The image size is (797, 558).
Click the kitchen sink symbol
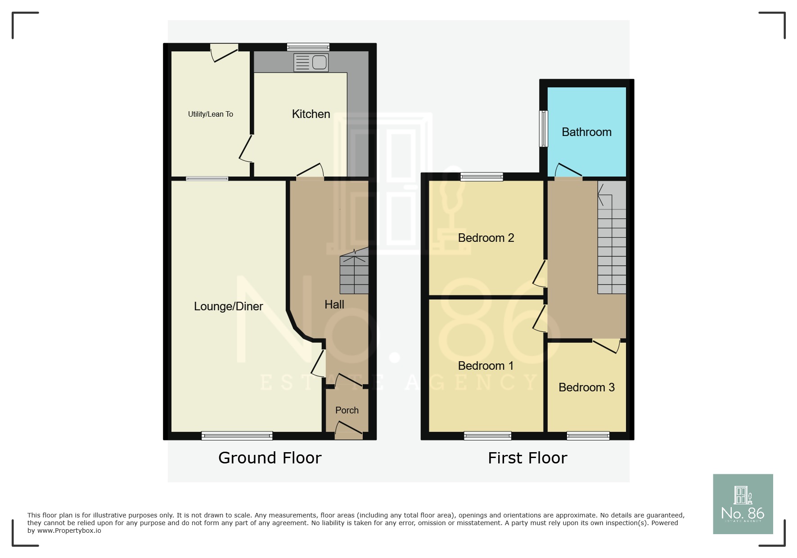click(x=311, y=63)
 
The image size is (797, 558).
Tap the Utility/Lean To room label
click(x=211, y=114)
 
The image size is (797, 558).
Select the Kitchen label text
click(x=311, y=114)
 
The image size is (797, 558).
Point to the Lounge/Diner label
click(x=228, y=307)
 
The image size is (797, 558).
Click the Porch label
click(x=347, y=410)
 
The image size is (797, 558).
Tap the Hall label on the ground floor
click(x=334, y=305)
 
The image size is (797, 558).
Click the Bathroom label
click(x=587, y=132)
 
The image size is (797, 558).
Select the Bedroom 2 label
click(x=486, y=238)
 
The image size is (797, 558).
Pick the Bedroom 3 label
click(x=586, y=388)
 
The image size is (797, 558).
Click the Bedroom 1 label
click(x=486, y=366)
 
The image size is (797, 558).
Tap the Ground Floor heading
click(x=270, y=458)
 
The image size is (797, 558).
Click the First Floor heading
click(x=527, y=458)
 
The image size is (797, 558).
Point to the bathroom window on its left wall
click(x=544, y=128)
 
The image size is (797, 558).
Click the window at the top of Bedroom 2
click(x=482, y=177)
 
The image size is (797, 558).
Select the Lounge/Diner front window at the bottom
click(x=237, y=436)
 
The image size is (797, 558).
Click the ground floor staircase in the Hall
click(x=354, y=272)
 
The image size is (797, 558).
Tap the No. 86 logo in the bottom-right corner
click(x=743, y=504)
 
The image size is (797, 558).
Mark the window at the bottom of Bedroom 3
click(x=588, y=436)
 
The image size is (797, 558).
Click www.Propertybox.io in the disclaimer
click(x=69, y=531)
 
